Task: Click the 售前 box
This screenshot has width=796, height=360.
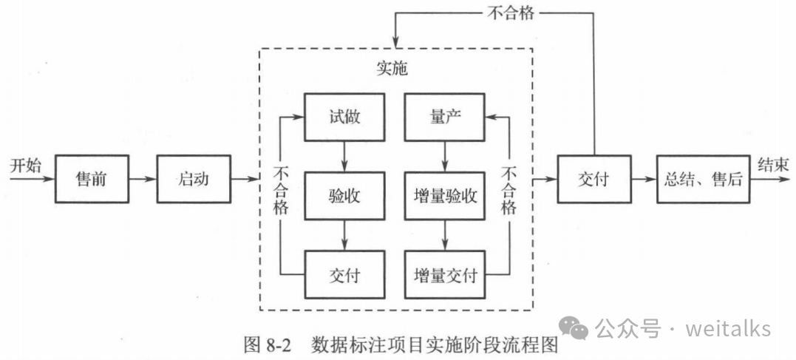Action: (92, 179)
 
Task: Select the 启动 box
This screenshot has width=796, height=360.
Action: (194, 179)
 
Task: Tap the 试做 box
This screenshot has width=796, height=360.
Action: (344, 117)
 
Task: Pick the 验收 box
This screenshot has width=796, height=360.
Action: (344, 196)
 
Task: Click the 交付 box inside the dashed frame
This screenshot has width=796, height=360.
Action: (344, 274)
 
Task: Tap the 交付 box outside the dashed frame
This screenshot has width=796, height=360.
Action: (593, 179)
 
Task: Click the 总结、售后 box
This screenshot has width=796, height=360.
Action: (702, 179)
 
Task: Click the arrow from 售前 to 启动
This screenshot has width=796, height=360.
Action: (143, 179)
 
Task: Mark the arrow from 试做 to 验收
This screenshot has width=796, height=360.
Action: (344, 157)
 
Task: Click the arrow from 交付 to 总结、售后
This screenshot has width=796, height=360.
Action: (643, 179)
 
